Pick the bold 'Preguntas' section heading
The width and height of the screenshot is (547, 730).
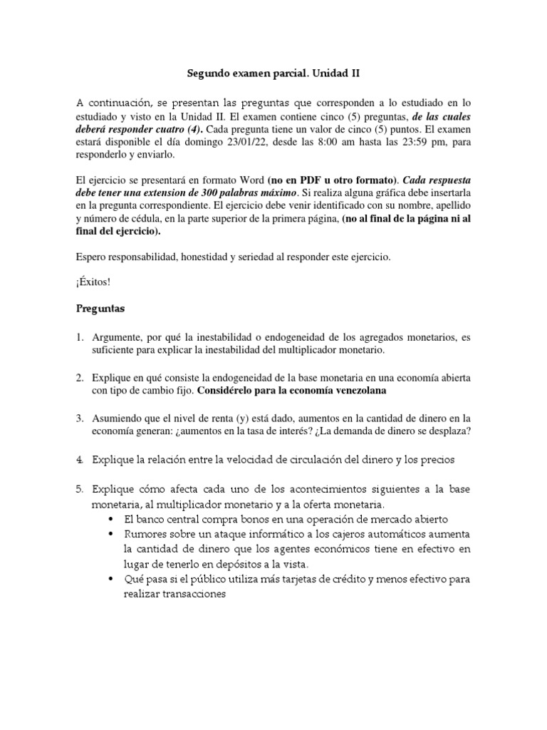click(x=101, y=310)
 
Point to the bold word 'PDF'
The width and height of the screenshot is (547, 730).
click(x=307, y=181)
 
